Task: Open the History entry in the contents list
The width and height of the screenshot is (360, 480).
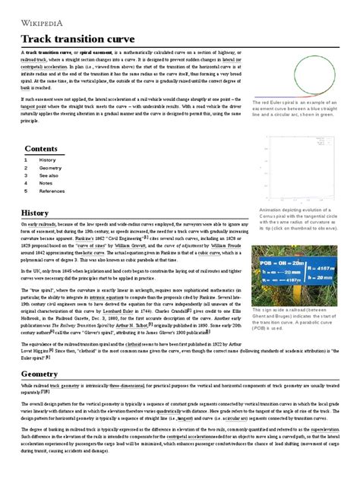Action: point(47,160)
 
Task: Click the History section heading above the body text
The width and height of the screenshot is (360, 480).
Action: point(34,214)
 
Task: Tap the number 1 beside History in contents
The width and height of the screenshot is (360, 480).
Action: point(26,160)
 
